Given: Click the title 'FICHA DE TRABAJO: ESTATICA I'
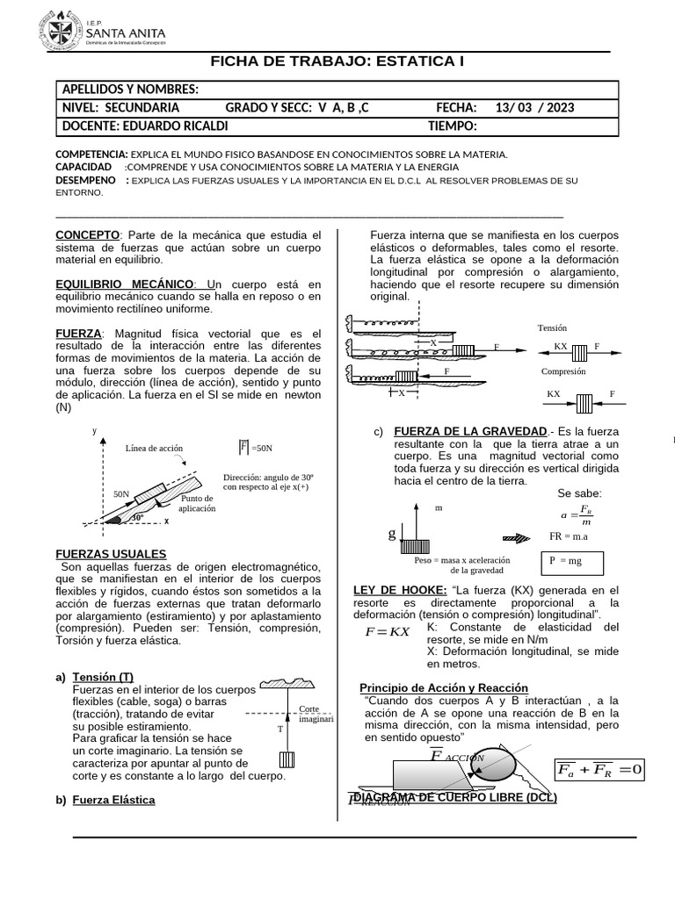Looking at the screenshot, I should [337, 61].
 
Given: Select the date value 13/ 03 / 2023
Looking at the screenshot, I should [534, 108].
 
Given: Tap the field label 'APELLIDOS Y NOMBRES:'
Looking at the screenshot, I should [130, 90].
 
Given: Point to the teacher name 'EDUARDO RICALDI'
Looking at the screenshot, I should [174, 126].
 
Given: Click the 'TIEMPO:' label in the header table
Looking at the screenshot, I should [446, 126].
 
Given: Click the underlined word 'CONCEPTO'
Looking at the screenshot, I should [87, 235].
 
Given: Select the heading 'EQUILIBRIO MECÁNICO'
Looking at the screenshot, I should [125, 284].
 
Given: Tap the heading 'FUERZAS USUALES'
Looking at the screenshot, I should [111, 554].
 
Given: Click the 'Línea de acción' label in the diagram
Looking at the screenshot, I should [154, 448].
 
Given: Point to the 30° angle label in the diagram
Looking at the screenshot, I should [137, 519].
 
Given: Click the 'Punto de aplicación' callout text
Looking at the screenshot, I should [196, 504].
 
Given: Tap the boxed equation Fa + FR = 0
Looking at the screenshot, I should [599, 770].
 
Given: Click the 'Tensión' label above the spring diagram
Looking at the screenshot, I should [552, 327].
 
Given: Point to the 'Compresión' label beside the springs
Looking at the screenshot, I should [563, 371].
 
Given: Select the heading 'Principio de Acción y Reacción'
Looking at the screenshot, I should [444, 687].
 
